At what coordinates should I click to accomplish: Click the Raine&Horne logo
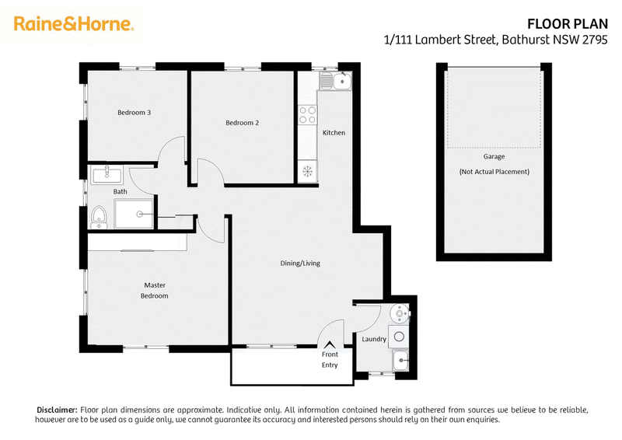(74, 24)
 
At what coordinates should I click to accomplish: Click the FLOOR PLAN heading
(568, 24)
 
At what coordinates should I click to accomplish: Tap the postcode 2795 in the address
(595, 40)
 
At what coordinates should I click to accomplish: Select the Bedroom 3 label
(134, 113)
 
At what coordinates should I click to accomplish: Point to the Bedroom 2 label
(242, 123)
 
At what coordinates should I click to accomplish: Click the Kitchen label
(334, 132)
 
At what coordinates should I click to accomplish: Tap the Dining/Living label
(300, 263)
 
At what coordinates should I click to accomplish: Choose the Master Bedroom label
(154, 291)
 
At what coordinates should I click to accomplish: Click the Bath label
(121, 192)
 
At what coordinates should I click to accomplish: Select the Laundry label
(374, 339)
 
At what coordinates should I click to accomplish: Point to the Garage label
(494, 156)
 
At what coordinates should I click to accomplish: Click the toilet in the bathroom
(99, 218)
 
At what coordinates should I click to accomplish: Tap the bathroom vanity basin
(107, 175)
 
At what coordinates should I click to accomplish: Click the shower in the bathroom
(134, 214)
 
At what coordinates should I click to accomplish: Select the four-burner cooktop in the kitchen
(307, 114)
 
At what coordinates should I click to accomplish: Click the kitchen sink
(336, 82)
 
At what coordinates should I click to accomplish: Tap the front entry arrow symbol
(329, 344)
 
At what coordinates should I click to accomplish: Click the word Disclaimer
(57, 410)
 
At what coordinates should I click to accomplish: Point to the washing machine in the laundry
(399, 337)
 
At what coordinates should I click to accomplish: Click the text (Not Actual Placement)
(494, 172)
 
